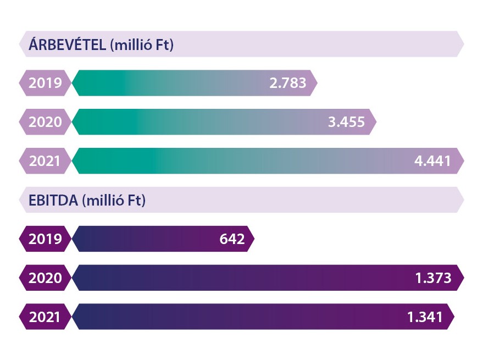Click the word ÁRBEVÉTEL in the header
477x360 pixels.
pyautogui.click(x=66, y=45)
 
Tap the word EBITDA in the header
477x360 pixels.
pyautogui.click(x=53, y=201)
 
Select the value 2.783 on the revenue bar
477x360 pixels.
pyautogui.click(x=288, y=84)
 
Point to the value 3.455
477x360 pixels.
pyautogui.click(x=346, y=122)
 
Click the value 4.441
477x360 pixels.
pyautogui.click(x=432, y=161)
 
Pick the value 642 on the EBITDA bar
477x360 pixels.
pyautogui.click(x=231, y=240)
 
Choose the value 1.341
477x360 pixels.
pyautogui.click(x=424, y=317)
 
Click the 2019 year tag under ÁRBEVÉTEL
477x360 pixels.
pyautogui.click(x=45, y=84)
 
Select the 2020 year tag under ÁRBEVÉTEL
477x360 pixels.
pyautogui.click(x=45, y=122)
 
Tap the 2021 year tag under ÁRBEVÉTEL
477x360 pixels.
pyautogui.click(x=45, y=161)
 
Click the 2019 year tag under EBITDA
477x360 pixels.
pyautogui.click(x=45, y=240)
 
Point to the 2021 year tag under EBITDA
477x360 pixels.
pyautogui.click(x=45, y=317)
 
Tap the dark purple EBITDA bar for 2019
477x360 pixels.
pyautogui.click(x=143, y=240)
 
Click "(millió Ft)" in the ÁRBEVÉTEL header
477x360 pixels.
pyautogui.click(x=142, y=45)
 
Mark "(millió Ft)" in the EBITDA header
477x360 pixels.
pyautogui.click(x=113, y=201)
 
